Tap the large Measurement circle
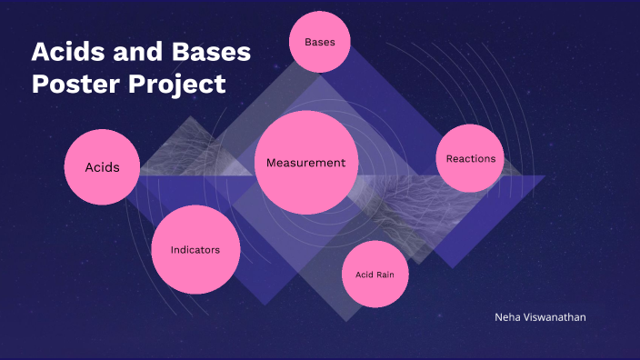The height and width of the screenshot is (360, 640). click(x=305, y=163)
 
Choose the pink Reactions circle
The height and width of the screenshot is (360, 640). click(x=470, y=159)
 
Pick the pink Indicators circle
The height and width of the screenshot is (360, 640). click(x=195, y=250)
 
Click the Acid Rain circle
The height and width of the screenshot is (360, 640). click(x=375, y=275)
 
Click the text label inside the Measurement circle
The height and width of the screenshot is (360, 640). click(x=305, y=163)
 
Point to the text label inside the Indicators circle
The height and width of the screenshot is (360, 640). click(x=195, y=250)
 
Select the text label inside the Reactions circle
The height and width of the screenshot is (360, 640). click(x=470, y=159)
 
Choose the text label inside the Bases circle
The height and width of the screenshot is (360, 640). click(x=320, y=43)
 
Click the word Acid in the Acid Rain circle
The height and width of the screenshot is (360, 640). click(x=364, y=275)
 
